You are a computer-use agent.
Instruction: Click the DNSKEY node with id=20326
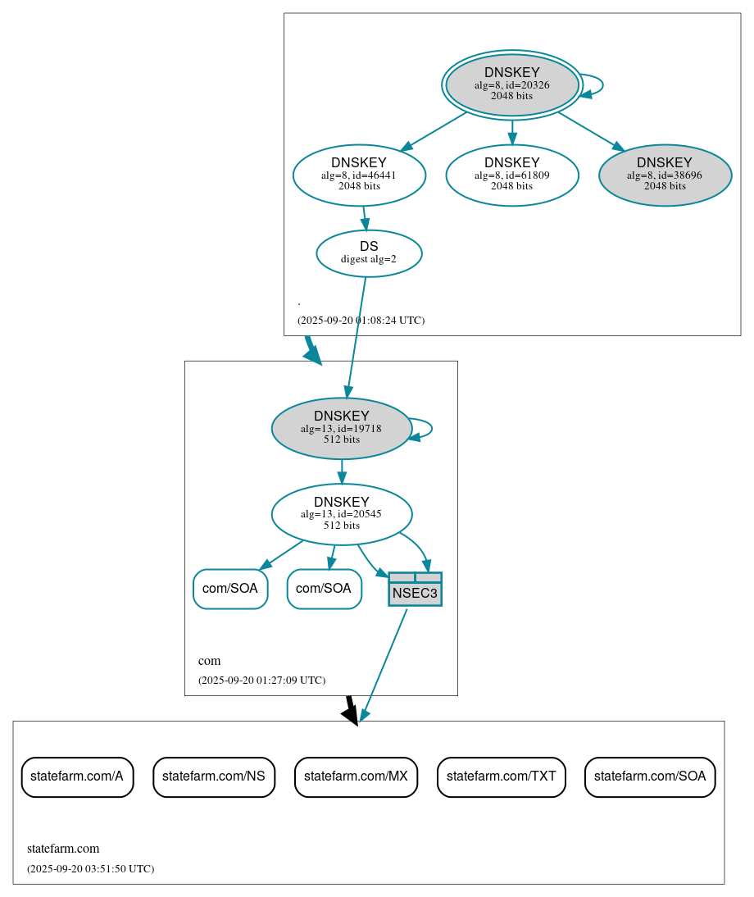511,84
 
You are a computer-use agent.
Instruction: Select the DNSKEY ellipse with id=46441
359,175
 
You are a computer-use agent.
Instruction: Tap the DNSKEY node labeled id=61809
511,175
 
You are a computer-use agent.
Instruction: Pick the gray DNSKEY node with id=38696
665,175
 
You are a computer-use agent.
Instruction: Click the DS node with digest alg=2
369,253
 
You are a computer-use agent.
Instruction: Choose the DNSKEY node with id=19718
341,428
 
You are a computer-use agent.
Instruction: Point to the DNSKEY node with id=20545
341,514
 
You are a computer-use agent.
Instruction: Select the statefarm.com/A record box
77,776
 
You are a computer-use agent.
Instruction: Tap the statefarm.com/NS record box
213,776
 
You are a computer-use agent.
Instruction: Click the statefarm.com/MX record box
356,776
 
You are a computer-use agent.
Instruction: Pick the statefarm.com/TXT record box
501,776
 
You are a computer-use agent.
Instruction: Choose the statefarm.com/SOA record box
649,776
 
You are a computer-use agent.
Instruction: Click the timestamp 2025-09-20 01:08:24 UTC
361,320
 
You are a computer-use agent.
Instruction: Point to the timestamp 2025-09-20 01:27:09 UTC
261,680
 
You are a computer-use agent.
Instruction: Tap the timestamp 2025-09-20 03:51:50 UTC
90,868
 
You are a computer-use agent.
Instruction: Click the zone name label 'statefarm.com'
63,849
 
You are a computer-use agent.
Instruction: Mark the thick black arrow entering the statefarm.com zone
351,710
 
